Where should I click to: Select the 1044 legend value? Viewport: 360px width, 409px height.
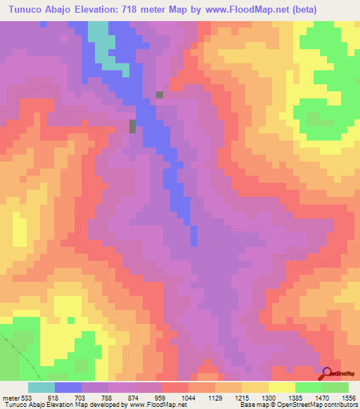pos(188,398)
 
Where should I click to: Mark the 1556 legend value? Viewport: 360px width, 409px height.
pos(349,398)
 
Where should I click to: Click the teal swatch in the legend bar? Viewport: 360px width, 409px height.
pos(41,387)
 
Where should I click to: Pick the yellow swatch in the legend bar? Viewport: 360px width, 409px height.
pos(282,387)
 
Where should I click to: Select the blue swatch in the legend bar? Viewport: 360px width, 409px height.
pos(68,387)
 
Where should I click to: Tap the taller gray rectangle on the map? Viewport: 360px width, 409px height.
pos(132,126)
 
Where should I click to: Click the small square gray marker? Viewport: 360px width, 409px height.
pos(160,94)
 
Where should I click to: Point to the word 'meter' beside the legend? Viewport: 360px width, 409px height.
pos(10,398)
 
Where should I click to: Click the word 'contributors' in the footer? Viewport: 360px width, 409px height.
pos(340,405)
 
